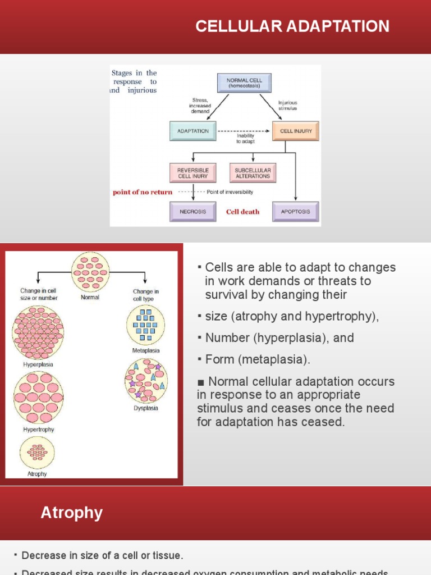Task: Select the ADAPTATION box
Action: tap(193, 131)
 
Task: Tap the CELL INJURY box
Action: tap(296, 131)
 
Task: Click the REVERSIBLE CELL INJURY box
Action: tap(193, 173)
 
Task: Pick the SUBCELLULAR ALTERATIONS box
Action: tap(253, 173)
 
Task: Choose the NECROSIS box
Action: tap(193, 212)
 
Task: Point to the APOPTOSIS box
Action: tap(295, 212)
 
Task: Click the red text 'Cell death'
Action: tap(242, 212)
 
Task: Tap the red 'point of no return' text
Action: tap(143, 192)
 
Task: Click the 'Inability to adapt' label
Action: tap(245, 139)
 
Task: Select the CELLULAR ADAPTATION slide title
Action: tap(292, 26)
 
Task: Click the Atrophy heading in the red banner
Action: tap(72, 513)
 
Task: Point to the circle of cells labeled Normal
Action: tap(90, 272)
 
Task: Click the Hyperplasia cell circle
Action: tap(38, 333)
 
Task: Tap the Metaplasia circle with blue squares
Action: tap(146, 325)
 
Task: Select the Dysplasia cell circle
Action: tap(146, 381)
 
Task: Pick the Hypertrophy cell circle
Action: tap(38, 398)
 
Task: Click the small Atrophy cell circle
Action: tap(37, 452)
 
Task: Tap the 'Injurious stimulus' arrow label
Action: tap(287, 106)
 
